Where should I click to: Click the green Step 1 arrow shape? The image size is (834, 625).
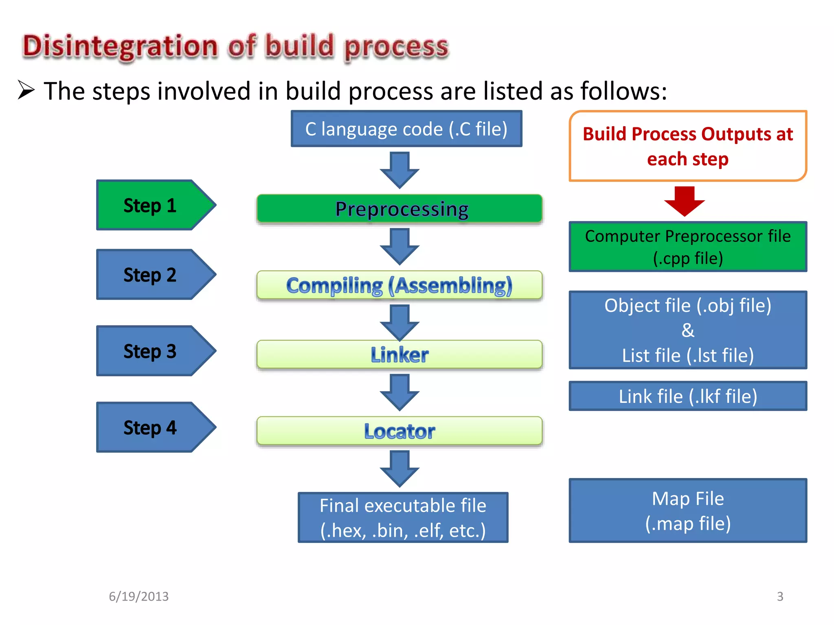151,205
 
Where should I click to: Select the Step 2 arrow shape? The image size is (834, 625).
151,275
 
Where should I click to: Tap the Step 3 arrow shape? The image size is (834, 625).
151,351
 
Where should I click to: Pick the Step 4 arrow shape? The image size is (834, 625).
151,427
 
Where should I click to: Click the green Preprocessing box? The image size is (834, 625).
399,209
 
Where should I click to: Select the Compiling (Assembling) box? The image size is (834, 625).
399,285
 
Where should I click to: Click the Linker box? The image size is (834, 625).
399,354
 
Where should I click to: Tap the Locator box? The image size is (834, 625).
399,431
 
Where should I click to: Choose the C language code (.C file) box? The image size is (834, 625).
406,129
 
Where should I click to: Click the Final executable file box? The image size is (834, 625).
403,518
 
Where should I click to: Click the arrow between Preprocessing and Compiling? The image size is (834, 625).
399,247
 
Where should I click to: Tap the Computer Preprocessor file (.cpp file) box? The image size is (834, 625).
688,247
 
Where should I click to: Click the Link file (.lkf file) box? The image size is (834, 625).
688,396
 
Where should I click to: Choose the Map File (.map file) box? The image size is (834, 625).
688,511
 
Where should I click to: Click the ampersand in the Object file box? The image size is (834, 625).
688,330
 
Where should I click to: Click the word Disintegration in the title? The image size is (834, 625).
121,46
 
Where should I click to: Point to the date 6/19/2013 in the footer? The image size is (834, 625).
138,596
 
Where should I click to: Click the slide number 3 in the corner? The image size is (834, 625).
780,596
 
